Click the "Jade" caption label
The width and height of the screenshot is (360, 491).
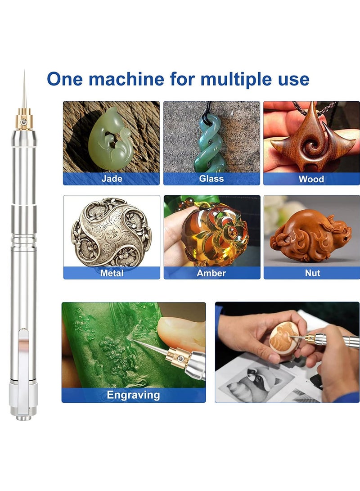(111, 179)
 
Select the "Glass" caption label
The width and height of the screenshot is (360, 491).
(211, 179)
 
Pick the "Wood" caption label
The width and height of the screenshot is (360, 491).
(311, 179)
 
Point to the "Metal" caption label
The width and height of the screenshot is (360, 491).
(112, 273)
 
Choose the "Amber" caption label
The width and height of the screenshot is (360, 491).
(211, 273)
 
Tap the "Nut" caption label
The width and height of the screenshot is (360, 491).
(312, 273)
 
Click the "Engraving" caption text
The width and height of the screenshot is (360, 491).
(133, 395)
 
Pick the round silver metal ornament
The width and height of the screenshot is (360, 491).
(112, 232)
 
